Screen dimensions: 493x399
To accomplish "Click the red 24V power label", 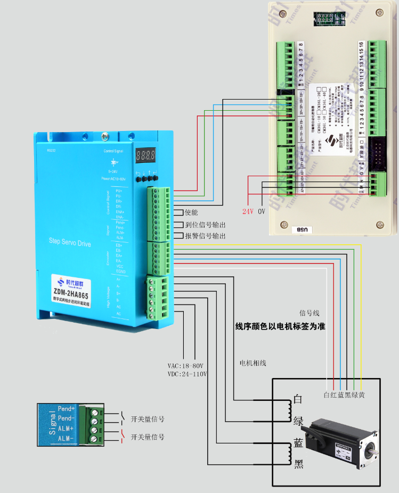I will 248,211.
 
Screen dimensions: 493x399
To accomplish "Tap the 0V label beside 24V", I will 262,211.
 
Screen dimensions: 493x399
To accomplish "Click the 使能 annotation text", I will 191,212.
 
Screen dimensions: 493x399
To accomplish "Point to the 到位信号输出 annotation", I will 205,225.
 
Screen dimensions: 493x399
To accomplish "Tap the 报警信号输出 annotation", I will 205,236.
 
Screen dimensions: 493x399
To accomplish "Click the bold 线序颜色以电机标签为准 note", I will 280,326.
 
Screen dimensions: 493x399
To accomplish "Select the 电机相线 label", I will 253,363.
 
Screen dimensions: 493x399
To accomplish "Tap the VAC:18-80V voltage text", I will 186,366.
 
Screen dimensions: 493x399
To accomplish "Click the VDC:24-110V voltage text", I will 187,374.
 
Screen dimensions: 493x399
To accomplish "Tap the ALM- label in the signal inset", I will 66,438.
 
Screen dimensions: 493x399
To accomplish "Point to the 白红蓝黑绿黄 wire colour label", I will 344,395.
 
